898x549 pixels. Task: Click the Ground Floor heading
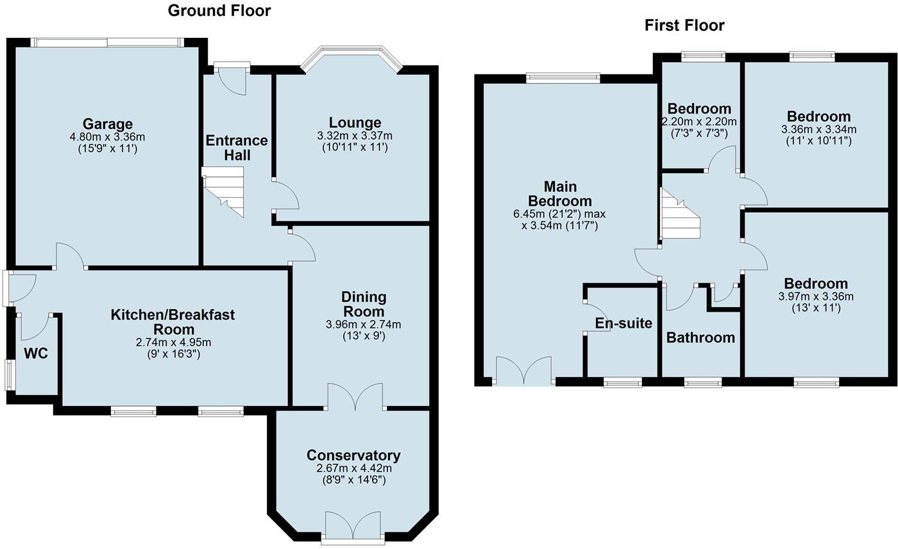(219, 10)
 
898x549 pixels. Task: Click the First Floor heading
(684, 25)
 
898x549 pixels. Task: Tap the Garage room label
(107, 124)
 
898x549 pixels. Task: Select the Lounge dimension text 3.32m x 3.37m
(355, 136)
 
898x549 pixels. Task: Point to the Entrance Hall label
(237, 148)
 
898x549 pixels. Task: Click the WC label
(36, 353)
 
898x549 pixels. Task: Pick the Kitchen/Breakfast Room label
(173, 322)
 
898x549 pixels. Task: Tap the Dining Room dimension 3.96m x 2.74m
(364, 325)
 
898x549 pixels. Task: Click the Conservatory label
(353, 455)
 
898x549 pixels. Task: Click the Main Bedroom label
(560, 193)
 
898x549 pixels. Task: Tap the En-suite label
(623, 323)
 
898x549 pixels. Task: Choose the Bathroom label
(700, 337)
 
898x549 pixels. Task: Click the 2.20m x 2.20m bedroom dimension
(699, 121)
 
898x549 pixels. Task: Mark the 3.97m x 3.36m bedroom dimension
(816, 296)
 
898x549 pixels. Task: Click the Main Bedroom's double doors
(524, 371)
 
